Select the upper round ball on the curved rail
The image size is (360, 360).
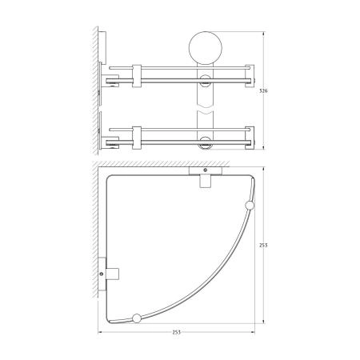(249, 207)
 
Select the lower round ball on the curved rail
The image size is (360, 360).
(137, 318)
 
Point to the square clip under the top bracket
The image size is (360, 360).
(205, 182)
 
